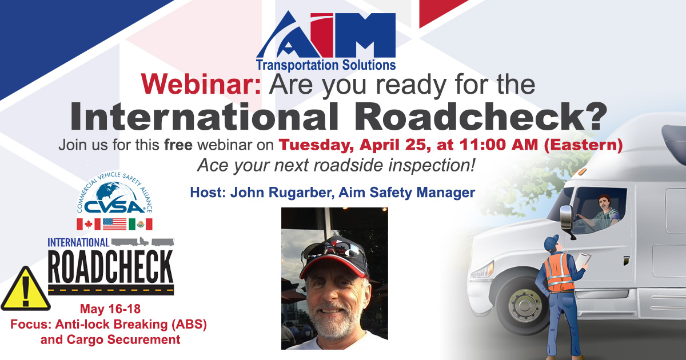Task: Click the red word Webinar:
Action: point(201,85)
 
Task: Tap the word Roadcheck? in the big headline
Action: point(481,117)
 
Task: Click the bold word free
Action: point(178,145)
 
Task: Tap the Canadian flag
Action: point(89,224)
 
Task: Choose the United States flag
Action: point(114,224)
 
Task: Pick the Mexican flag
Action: point(140,224)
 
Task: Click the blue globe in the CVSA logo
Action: point(114,192)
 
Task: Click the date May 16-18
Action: point(110,309)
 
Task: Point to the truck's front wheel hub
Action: point(524,305)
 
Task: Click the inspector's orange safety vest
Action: point(559,273)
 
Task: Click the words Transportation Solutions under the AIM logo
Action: point(326,65)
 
